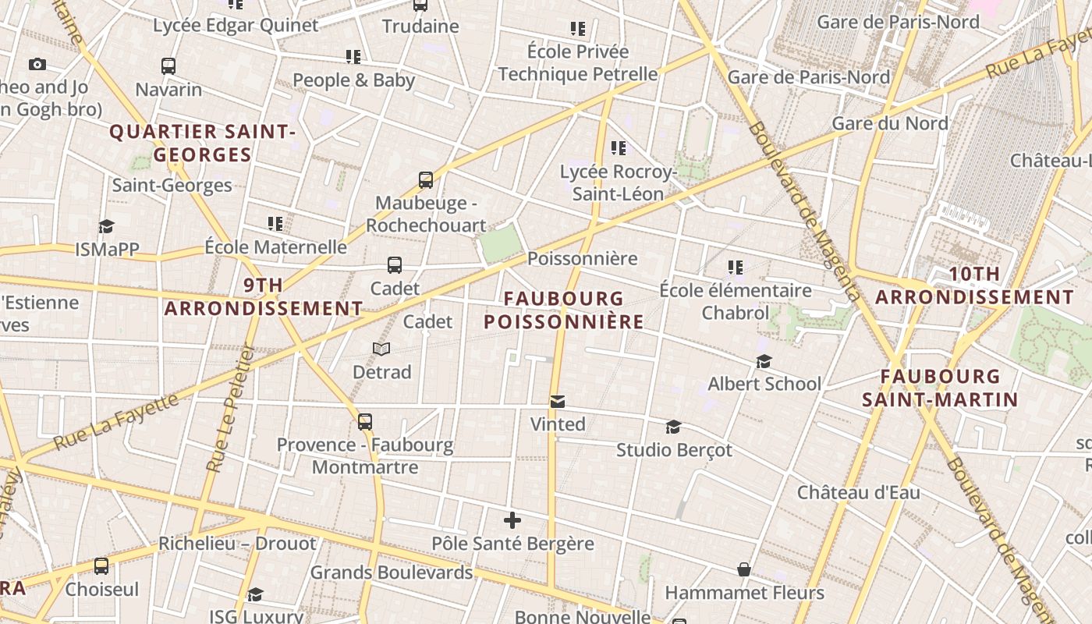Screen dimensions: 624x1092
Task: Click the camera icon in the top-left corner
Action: pos(37,65)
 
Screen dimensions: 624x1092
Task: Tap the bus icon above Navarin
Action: pos(168,66)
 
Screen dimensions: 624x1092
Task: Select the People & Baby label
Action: pos(353,80)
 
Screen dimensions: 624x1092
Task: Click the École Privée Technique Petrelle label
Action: pos(578,63)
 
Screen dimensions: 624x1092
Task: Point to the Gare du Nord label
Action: pos(890,123)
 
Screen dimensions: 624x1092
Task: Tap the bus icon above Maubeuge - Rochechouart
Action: pos(426,180)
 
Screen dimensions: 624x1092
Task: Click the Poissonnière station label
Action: pos(583,258)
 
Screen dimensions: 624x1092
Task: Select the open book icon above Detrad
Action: pos(381,349)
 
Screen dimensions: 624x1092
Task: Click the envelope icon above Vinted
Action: pos(558,402)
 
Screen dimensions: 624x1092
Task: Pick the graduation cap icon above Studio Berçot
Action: pos(674,427)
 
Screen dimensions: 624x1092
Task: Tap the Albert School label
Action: pos(764,384)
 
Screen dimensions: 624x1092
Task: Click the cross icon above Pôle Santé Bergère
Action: pos(512,520)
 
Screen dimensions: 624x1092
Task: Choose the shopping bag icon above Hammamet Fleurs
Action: pos(744,570)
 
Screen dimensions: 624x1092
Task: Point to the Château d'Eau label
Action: pos(858,492)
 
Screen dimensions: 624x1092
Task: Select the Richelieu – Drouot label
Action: pos(237,544)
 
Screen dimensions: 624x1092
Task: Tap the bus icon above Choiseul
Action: pos(101,566)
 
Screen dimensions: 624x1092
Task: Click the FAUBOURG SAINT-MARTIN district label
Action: pos(940,388)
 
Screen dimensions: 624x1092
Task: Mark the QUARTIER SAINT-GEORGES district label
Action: pos(202,143)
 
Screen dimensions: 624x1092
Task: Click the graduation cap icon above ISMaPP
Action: pos(106,227)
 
